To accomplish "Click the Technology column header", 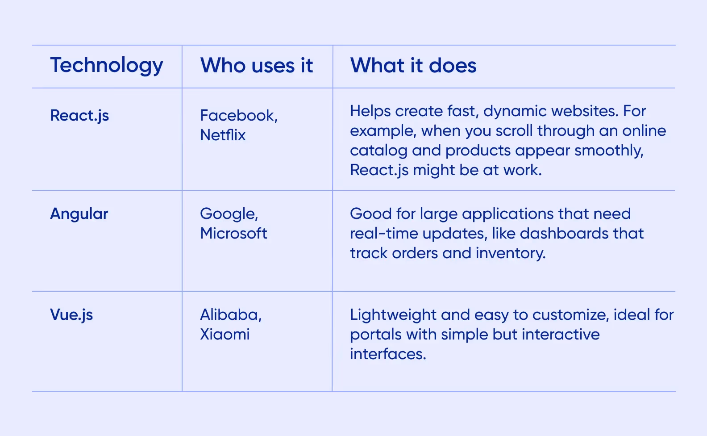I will pos(106,66).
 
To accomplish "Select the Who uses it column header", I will pos(256,66).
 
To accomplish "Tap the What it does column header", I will pos(413,66).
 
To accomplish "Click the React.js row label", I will pos(79,116).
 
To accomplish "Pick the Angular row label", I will pos(79,214).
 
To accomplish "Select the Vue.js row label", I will pos(71,315).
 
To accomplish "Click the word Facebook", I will pos(237,116).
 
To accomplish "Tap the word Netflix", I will pos(223,135).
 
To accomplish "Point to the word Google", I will pos(228,214).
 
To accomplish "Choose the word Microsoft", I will pos(233,233).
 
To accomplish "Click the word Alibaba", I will pos(229,315).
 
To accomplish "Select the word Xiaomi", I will pos(225,334).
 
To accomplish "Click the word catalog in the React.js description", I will pos(378,151).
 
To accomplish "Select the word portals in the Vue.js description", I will pos(371,335).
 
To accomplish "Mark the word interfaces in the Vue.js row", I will pos(387,354).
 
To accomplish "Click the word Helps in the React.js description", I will pos(370,111).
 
